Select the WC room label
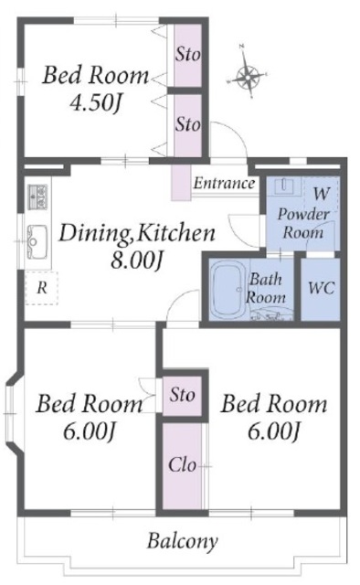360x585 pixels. click(x=322, y=288)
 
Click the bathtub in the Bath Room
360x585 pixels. click(x=228, y=288)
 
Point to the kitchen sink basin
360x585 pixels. click(x=37, y=241)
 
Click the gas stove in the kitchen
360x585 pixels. click(x=37, y=197)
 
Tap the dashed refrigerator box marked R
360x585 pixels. click(x=42, y=288)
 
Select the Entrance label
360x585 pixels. click(x=225, y=183)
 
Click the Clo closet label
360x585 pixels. click(x=182, y=465)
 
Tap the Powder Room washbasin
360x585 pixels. click(x=286, y=186)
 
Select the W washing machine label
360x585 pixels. click(x=322, y=194)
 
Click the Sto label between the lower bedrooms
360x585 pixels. click(x=182, y=394)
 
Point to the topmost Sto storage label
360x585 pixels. click(x=188, y=55)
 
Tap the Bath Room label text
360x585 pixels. click(x=266, y=289)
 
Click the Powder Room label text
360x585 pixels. click(x=303, y=223)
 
